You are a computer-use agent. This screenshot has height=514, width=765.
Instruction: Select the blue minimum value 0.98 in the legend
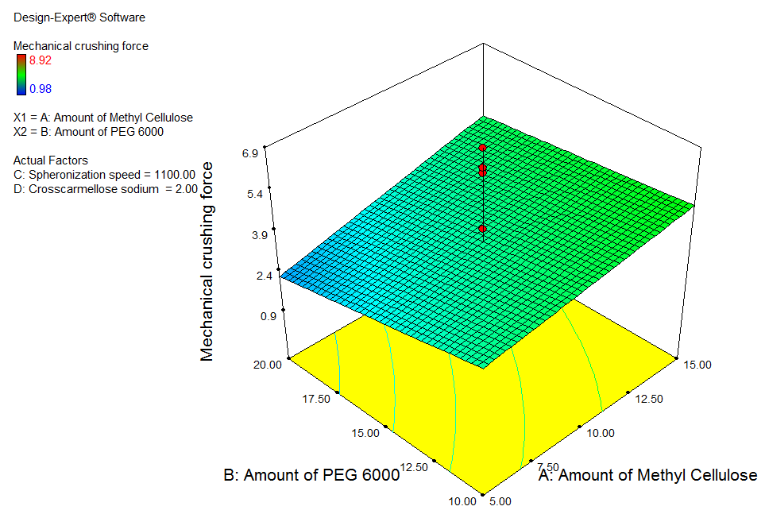point(40,89)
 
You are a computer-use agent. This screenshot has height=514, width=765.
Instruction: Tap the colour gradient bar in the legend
point(21,74)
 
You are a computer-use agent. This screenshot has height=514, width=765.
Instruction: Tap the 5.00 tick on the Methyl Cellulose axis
point(500,501)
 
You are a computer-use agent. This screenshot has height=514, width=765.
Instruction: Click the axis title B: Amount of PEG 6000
point(311,476)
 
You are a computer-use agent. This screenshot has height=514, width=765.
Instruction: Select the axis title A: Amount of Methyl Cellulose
point(647,476)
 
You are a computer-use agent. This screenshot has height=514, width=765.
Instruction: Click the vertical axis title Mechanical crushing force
point(207,262)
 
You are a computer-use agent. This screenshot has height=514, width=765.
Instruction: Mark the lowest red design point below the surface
point(482,229)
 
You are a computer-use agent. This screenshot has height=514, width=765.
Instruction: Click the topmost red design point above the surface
point(481,148)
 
